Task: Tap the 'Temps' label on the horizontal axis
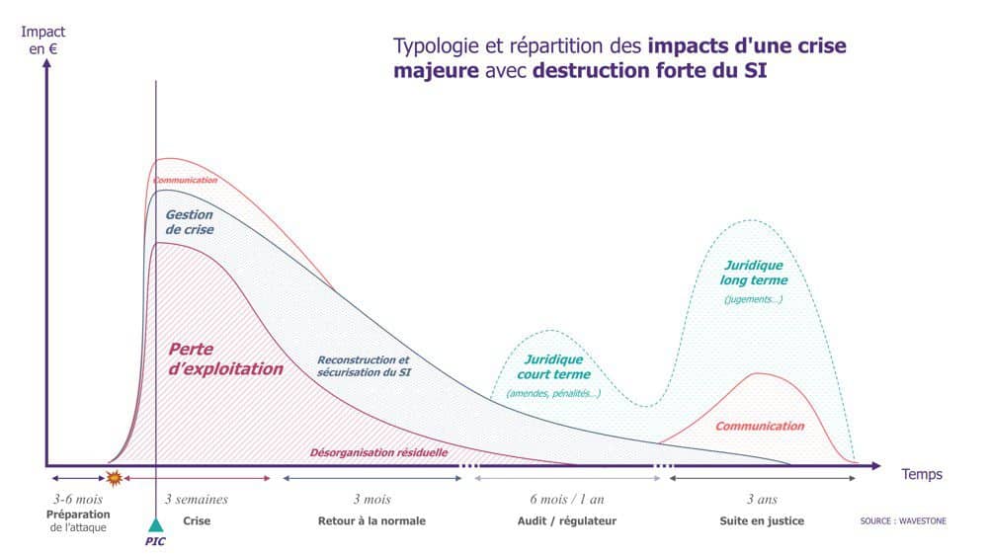point(921,474)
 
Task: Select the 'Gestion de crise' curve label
point(189,222)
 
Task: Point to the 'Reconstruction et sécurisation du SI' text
point(363,366)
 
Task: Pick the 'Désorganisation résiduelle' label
point(379,452)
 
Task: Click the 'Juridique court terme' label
point(553,366)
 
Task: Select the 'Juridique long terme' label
point(754,273)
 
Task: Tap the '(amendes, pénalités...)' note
point(553,393)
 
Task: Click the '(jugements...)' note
point(753,299)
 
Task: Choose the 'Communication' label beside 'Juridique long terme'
point(759,426)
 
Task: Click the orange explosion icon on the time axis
point(114,478)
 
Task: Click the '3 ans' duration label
point(762,500)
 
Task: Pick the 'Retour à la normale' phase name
point(371,520)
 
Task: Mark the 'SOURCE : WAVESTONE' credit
point(902,520)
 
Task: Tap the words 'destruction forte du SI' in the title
point(649,71)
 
